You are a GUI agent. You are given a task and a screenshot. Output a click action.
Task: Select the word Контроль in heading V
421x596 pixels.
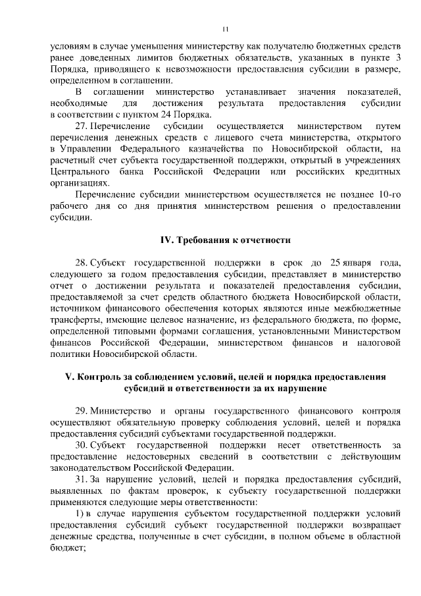coord(105,377)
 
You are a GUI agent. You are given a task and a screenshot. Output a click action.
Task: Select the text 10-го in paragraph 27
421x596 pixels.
coord(388,195)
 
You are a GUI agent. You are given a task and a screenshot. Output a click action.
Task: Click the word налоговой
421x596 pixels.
coord(376,344)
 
